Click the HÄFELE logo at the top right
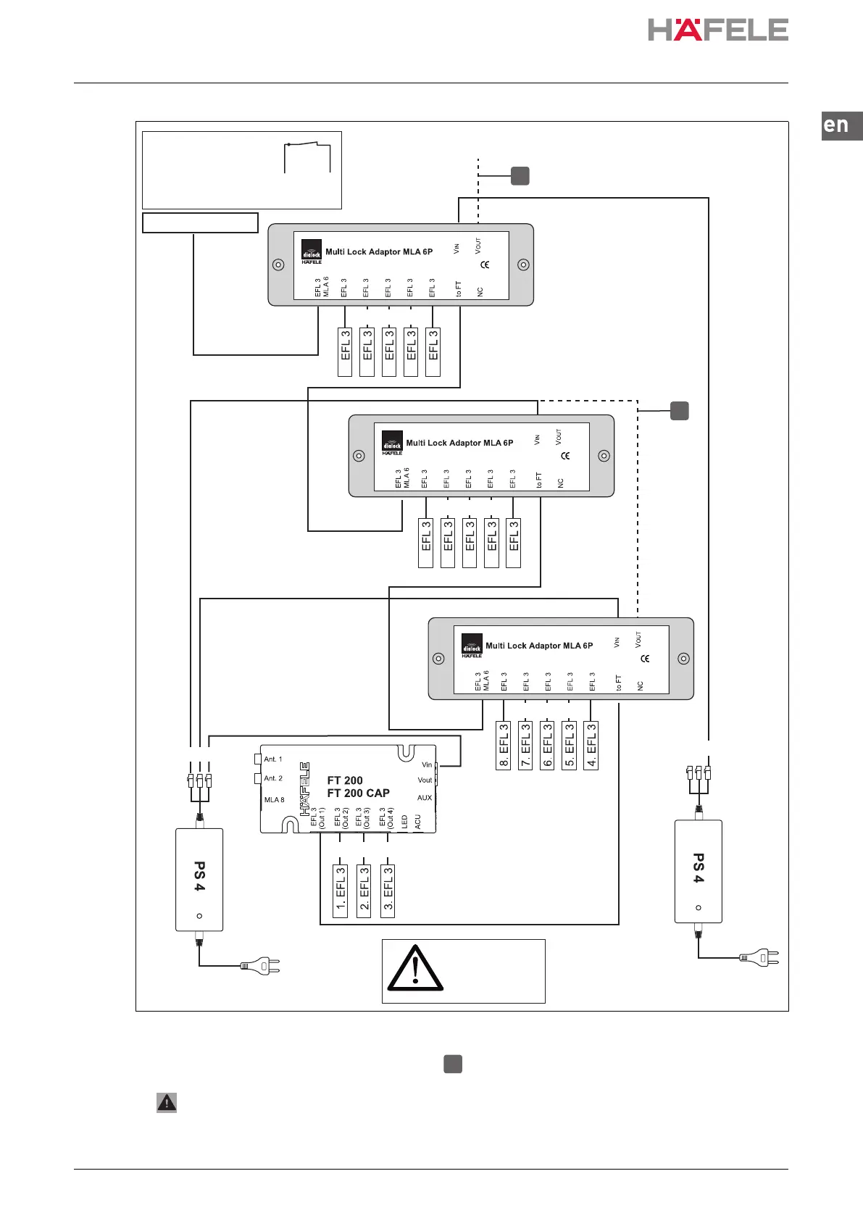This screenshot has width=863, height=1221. point(717,30)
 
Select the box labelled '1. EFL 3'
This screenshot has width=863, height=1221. point(341,891)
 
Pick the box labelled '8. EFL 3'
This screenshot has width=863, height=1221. point(504,746)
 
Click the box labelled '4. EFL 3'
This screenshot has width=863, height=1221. point(591,746)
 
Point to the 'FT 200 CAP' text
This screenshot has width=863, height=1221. point(358,793)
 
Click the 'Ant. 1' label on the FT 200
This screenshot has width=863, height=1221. point(272,759)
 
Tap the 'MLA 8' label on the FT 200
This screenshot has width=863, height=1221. point(274,800)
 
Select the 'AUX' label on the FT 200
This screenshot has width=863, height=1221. point(425,798)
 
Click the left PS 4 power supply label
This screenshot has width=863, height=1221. point(199,876)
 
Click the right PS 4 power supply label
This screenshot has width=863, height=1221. point(699,868)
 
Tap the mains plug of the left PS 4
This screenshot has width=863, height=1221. point(260,966)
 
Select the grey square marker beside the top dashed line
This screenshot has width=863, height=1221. point(520,175)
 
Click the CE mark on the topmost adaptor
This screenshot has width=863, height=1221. point(485,264)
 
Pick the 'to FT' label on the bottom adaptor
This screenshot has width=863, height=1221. point(618,683)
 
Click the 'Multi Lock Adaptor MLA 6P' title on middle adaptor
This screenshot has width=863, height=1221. point(459,443)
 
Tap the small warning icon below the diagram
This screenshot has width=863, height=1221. point(167,1103)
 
